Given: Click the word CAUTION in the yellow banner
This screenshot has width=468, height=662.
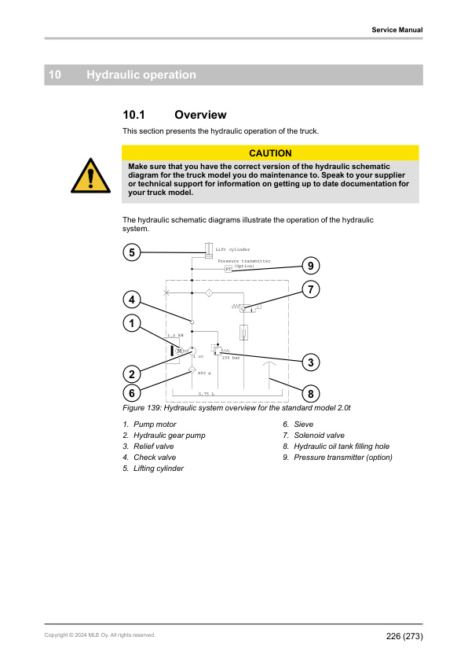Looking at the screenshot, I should pos(270,153).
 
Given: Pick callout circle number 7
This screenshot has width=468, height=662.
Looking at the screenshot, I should pos(311,289).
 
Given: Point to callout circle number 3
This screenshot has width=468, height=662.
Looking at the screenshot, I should pos(311,362).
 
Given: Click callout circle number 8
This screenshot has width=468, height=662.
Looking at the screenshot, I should pos(311,393).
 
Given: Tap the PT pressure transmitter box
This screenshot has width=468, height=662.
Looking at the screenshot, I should pos(229,269).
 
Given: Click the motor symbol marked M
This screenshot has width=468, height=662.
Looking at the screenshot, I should pos(179,350).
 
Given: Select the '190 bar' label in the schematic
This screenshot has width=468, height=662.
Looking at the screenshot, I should pos(230,358).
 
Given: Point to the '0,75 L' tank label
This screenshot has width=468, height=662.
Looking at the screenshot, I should pos(207,393).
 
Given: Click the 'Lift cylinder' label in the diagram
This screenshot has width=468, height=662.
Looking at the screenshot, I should pos(232,248).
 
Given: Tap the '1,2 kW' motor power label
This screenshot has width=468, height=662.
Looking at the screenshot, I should pos(175,335).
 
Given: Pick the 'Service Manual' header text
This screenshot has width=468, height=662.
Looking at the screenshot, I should pos(397,30).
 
